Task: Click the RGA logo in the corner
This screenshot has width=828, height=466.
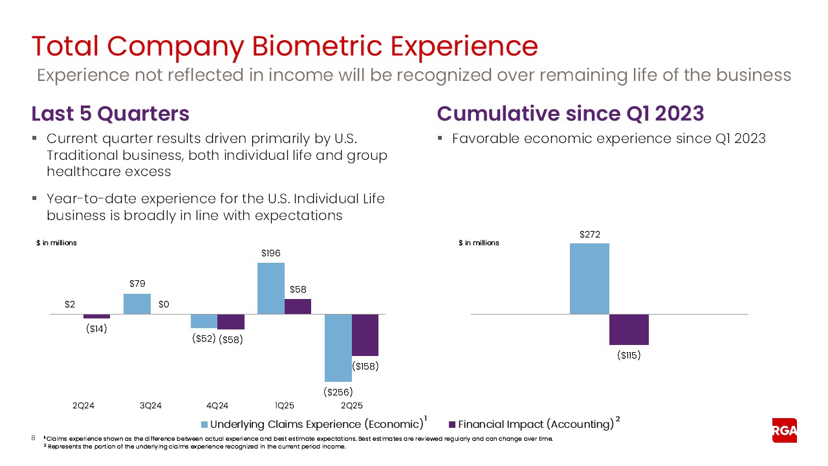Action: coord(784,430)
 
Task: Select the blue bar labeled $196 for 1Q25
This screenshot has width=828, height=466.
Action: coord(271,289)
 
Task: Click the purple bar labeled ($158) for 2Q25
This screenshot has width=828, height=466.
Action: coord(365,335)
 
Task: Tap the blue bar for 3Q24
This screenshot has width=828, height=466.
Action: coord(136,304)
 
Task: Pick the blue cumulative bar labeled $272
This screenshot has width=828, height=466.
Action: coord(589,279)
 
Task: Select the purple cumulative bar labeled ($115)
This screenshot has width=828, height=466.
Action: coord(629,329)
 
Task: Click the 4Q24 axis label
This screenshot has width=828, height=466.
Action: coord(217,406)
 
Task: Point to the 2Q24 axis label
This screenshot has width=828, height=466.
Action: coord(83,406)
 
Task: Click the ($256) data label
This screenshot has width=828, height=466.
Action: coord(338,392)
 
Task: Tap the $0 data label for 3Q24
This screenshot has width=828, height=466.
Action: coord(164,304)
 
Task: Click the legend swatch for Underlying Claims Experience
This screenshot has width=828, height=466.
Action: coord(205,425)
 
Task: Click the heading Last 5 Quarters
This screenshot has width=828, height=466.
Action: coord(110,113)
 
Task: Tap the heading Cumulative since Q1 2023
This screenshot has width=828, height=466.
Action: coord(570,113)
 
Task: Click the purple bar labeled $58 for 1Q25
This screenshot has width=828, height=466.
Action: coord(298,306)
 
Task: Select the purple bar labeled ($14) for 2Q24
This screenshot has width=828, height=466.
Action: coord(96,316)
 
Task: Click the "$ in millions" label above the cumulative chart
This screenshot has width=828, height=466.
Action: coord(479,243)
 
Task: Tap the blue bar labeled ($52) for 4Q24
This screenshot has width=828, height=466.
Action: coord(204,321)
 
